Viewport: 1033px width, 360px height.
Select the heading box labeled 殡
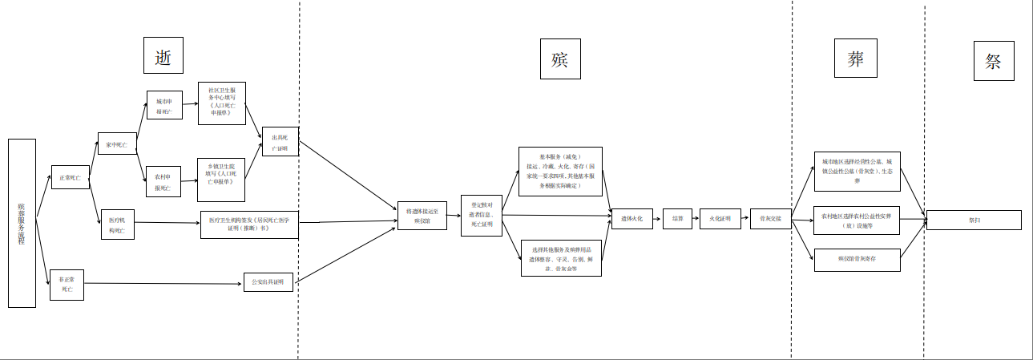click(559, 59)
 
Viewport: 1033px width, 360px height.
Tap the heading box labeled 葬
click(855, 59)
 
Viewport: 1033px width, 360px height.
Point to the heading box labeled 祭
click(994, 61)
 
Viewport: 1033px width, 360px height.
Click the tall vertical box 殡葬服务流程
click(22, 223)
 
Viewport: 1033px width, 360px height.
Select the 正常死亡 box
click(69, 177)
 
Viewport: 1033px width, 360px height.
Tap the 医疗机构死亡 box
click(117, 224)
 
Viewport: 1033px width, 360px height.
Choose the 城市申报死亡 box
click(164, 107)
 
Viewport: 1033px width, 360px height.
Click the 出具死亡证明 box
click(280, 143)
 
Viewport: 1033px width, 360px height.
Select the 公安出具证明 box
click(268, 281)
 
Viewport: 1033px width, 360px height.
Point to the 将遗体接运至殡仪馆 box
click(422, 216)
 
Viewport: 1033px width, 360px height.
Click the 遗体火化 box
click(632, 217)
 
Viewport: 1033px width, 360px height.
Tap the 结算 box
click(677, 217)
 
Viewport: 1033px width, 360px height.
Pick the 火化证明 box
click(720, 217)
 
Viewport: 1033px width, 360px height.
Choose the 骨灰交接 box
click(770, 217)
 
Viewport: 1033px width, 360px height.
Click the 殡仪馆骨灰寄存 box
click(857, 259)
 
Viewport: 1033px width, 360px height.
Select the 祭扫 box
click(974, 220)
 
